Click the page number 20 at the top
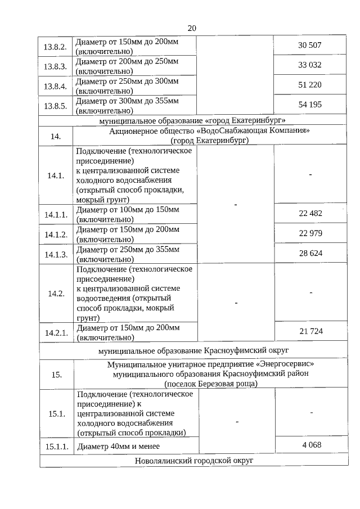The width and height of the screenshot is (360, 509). tap(192, 28)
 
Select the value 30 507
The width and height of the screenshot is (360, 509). tap(310, 46)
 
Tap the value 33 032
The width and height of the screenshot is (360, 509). tap(310, 65)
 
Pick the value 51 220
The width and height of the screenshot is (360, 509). tap(310, 85)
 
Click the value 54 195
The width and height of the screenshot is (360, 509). tap(310, 105)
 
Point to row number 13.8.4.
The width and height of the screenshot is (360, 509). tap(56, 86)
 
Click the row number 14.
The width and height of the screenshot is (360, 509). tap(56, 136)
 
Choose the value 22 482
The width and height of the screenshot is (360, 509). tap(310, 213)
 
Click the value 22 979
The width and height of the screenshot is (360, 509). tap(310, 233)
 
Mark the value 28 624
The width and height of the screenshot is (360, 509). tap(310, 254)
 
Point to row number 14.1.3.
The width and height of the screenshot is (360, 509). tap(56, 254)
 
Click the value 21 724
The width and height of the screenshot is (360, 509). tap(310, 331)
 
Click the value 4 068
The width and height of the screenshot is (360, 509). tap(311, 445)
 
